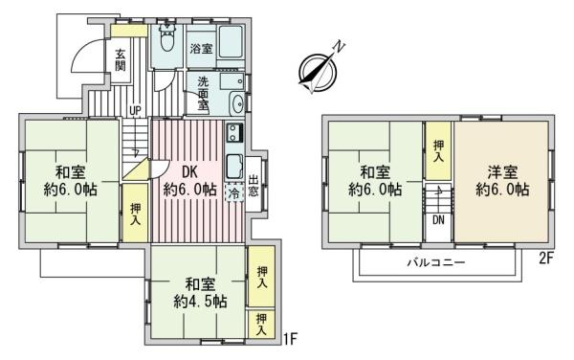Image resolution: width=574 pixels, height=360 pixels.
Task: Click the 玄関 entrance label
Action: click(121, 59)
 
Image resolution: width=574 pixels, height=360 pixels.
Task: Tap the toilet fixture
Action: click(167, 38)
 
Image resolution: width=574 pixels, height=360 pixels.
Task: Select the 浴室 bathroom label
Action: click(201, 48)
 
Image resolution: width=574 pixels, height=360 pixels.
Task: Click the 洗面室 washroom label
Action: click(204, 93)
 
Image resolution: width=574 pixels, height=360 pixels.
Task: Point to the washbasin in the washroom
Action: click(236, 102)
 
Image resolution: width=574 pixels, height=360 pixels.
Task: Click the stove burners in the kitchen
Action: click(234, 132)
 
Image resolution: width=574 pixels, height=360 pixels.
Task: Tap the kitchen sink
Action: click(234, 167)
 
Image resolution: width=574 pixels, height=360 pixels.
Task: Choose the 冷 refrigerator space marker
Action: click(234, 193)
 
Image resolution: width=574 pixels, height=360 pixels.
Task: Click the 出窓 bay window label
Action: click(253, 186)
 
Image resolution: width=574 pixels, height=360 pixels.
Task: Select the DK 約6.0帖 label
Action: click(190, 181)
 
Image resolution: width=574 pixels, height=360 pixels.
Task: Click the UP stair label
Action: click(135, 110)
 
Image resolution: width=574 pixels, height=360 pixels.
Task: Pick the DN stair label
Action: click(438, 220)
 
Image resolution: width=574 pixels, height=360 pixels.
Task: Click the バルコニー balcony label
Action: click(436, 262)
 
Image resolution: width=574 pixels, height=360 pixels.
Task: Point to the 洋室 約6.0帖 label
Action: click(502, 181)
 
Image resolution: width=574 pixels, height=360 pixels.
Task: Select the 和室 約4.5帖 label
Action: click(200, 293)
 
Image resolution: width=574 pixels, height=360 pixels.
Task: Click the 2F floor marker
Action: click(545, 259)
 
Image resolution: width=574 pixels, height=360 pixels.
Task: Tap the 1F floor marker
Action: click(291, 339)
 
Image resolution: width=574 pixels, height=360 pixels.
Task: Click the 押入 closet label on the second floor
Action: click(438, 151)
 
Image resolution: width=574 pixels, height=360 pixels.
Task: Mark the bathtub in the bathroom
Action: click(231, 41)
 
